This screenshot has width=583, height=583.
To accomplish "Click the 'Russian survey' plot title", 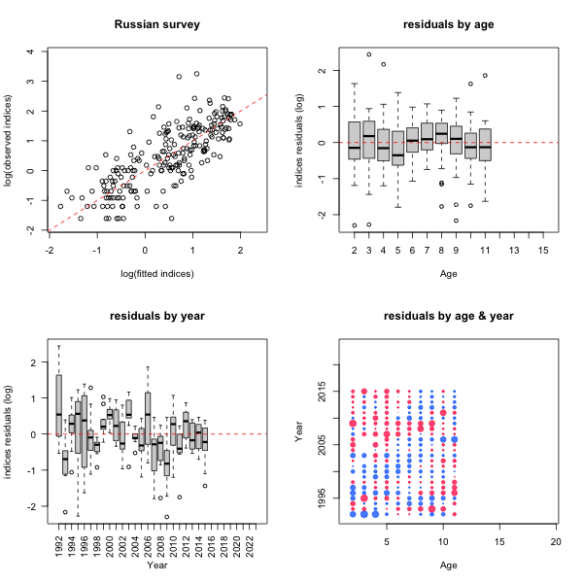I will coord(157,24).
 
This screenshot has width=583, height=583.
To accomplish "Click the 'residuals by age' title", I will coord(447,24).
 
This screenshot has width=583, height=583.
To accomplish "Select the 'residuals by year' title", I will coord(157,316).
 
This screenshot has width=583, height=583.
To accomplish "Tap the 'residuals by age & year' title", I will coord(447,316).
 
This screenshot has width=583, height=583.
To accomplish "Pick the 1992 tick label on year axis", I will coord(59,541).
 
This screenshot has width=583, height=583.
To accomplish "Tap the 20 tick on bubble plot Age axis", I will coord(556,540).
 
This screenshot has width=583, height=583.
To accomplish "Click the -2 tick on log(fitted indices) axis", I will coord(50,249).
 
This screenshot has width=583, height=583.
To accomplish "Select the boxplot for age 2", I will coord(354,140).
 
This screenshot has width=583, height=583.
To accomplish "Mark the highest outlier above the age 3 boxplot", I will coord(368,54).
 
